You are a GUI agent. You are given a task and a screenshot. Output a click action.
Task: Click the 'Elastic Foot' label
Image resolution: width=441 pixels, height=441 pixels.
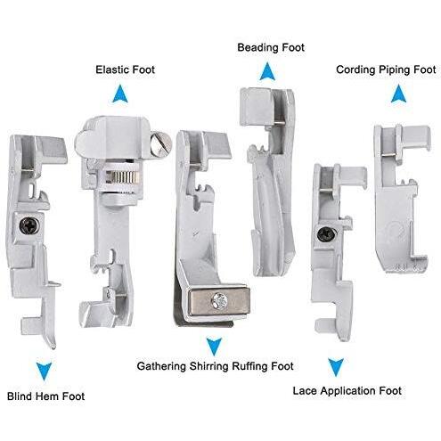tap(125, 69)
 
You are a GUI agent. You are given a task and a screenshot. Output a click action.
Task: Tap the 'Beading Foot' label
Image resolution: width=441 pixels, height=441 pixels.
tap(271, 47)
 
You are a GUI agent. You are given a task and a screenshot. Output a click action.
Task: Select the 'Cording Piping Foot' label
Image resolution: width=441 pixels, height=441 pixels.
tap(386, 70)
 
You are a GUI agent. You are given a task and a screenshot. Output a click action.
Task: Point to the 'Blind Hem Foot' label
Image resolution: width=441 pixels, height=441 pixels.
tap(46, 396)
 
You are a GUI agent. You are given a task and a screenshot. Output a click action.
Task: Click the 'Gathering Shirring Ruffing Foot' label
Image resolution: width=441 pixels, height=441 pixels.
tap(216, 366)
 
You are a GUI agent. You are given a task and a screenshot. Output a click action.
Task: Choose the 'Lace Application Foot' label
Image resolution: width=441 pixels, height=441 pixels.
tap(347, 391)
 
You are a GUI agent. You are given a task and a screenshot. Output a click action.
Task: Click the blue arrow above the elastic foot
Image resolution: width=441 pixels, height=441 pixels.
tap(120, 94)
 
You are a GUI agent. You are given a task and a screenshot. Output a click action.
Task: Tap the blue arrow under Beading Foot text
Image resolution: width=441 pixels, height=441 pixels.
tap(267, 71)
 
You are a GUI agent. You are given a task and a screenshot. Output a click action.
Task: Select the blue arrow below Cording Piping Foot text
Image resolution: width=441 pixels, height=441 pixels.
tap(398, 94)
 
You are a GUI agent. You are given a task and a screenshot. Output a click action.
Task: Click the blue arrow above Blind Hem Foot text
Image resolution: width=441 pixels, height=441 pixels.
tap(44, 372)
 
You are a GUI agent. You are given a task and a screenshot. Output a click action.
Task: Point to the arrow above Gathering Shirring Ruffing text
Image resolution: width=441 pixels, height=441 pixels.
tap(214, 347)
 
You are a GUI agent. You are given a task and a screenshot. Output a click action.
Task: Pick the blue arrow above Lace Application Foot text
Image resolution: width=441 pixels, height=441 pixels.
tap(336, 367)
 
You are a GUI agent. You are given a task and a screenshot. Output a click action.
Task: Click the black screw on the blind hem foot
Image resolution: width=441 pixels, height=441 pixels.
tap(29, 226)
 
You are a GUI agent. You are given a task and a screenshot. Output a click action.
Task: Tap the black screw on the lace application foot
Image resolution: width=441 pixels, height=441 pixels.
tap(327, 234)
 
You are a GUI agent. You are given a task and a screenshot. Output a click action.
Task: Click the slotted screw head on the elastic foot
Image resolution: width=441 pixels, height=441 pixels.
tap(160, 144)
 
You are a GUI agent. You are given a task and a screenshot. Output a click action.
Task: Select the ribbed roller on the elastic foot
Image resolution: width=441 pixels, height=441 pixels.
tap(122, 177)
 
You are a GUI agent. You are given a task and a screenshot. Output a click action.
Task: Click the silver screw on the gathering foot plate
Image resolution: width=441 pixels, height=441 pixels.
tap(219, 300)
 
